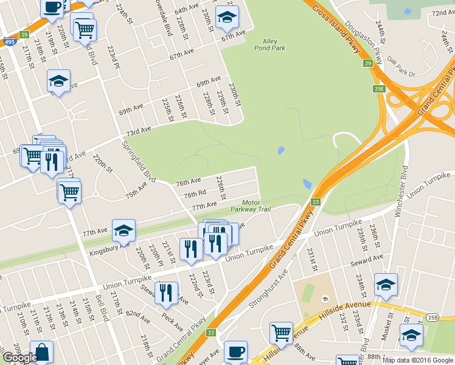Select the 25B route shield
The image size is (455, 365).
(x=432, y=317)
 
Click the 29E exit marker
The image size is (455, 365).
(x=379, y=89)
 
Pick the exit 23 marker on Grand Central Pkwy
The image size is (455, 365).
(x=315, y=202)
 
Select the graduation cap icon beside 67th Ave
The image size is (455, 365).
(x=227, y=18)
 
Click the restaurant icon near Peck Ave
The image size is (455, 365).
(x=166, y=293)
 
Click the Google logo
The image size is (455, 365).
(x=20, y=358)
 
